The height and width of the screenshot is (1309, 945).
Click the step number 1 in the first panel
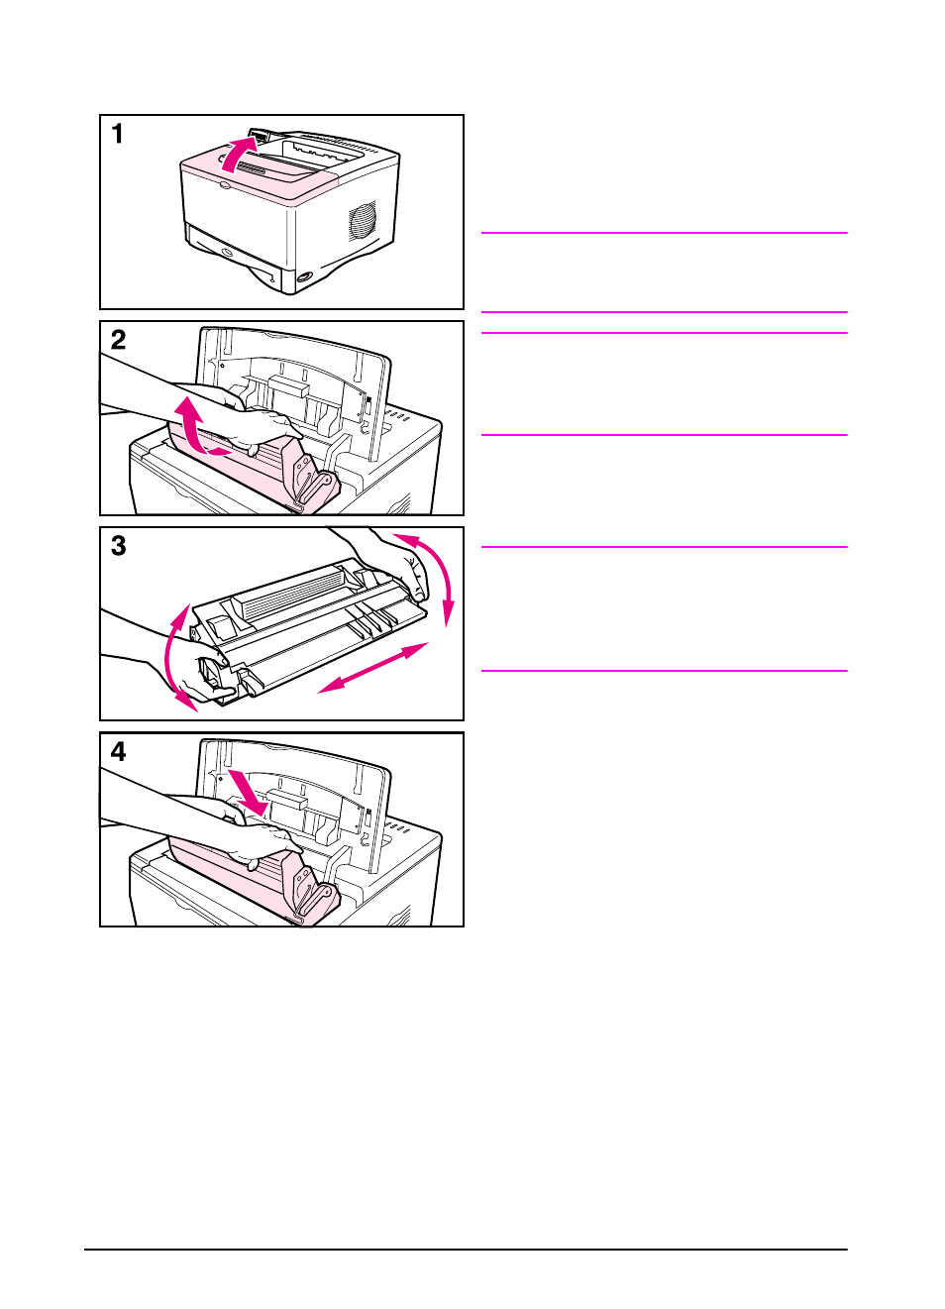click(x=118, y=134)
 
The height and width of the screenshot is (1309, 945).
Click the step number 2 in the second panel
click(x=118, y=340)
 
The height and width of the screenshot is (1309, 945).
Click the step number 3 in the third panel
click(x=118, y=546)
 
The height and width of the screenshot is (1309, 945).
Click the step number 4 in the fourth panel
click(x=118, y=752)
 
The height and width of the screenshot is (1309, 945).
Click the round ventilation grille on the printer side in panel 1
click(x=363, y=220)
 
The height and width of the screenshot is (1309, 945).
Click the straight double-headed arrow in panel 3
click(x=372, y=667)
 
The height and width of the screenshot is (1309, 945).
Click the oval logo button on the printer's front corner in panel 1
click(x=304, y=276)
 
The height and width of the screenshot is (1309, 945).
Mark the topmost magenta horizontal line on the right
click(x=664, y=233)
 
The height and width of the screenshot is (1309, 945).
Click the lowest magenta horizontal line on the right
click(x=664, y=671)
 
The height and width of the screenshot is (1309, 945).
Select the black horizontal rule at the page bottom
click(x=467, y=1250)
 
